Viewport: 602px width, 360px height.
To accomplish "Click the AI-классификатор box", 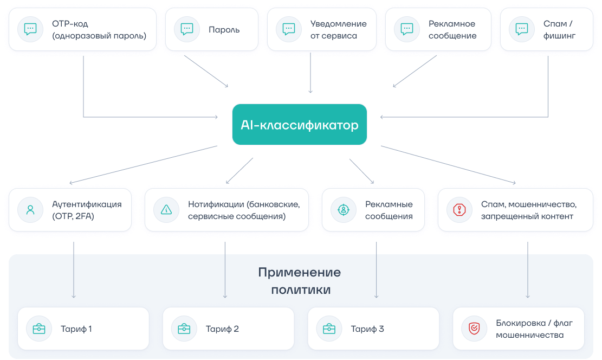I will click(299, 125).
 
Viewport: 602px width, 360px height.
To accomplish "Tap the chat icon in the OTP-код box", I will click(31, 29).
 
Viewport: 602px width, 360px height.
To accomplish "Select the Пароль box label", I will click(224, 29).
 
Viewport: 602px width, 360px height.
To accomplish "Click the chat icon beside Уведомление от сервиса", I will click(289, 29).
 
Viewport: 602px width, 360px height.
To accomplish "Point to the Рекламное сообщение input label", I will click(452, 30).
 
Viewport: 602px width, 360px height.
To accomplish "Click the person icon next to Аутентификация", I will click(31, 210).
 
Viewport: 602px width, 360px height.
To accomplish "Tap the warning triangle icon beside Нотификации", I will click(166, 210).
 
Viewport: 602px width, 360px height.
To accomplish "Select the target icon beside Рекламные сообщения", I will click(344, 210).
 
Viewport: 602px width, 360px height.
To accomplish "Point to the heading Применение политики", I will click(300, 281).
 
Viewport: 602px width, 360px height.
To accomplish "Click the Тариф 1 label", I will click(76, 329).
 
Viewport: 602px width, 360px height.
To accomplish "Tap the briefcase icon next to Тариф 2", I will click(184, 329).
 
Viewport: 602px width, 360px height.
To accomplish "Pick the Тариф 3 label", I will click(367, 329).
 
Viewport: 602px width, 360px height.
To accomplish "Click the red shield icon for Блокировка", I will click(474, 329).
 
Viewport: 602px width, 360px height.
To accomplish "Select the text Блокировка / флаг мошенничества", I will click(534, 329).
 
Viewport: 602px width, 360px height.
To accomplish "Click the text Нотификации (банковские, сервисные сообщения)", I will click(244, 210).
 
